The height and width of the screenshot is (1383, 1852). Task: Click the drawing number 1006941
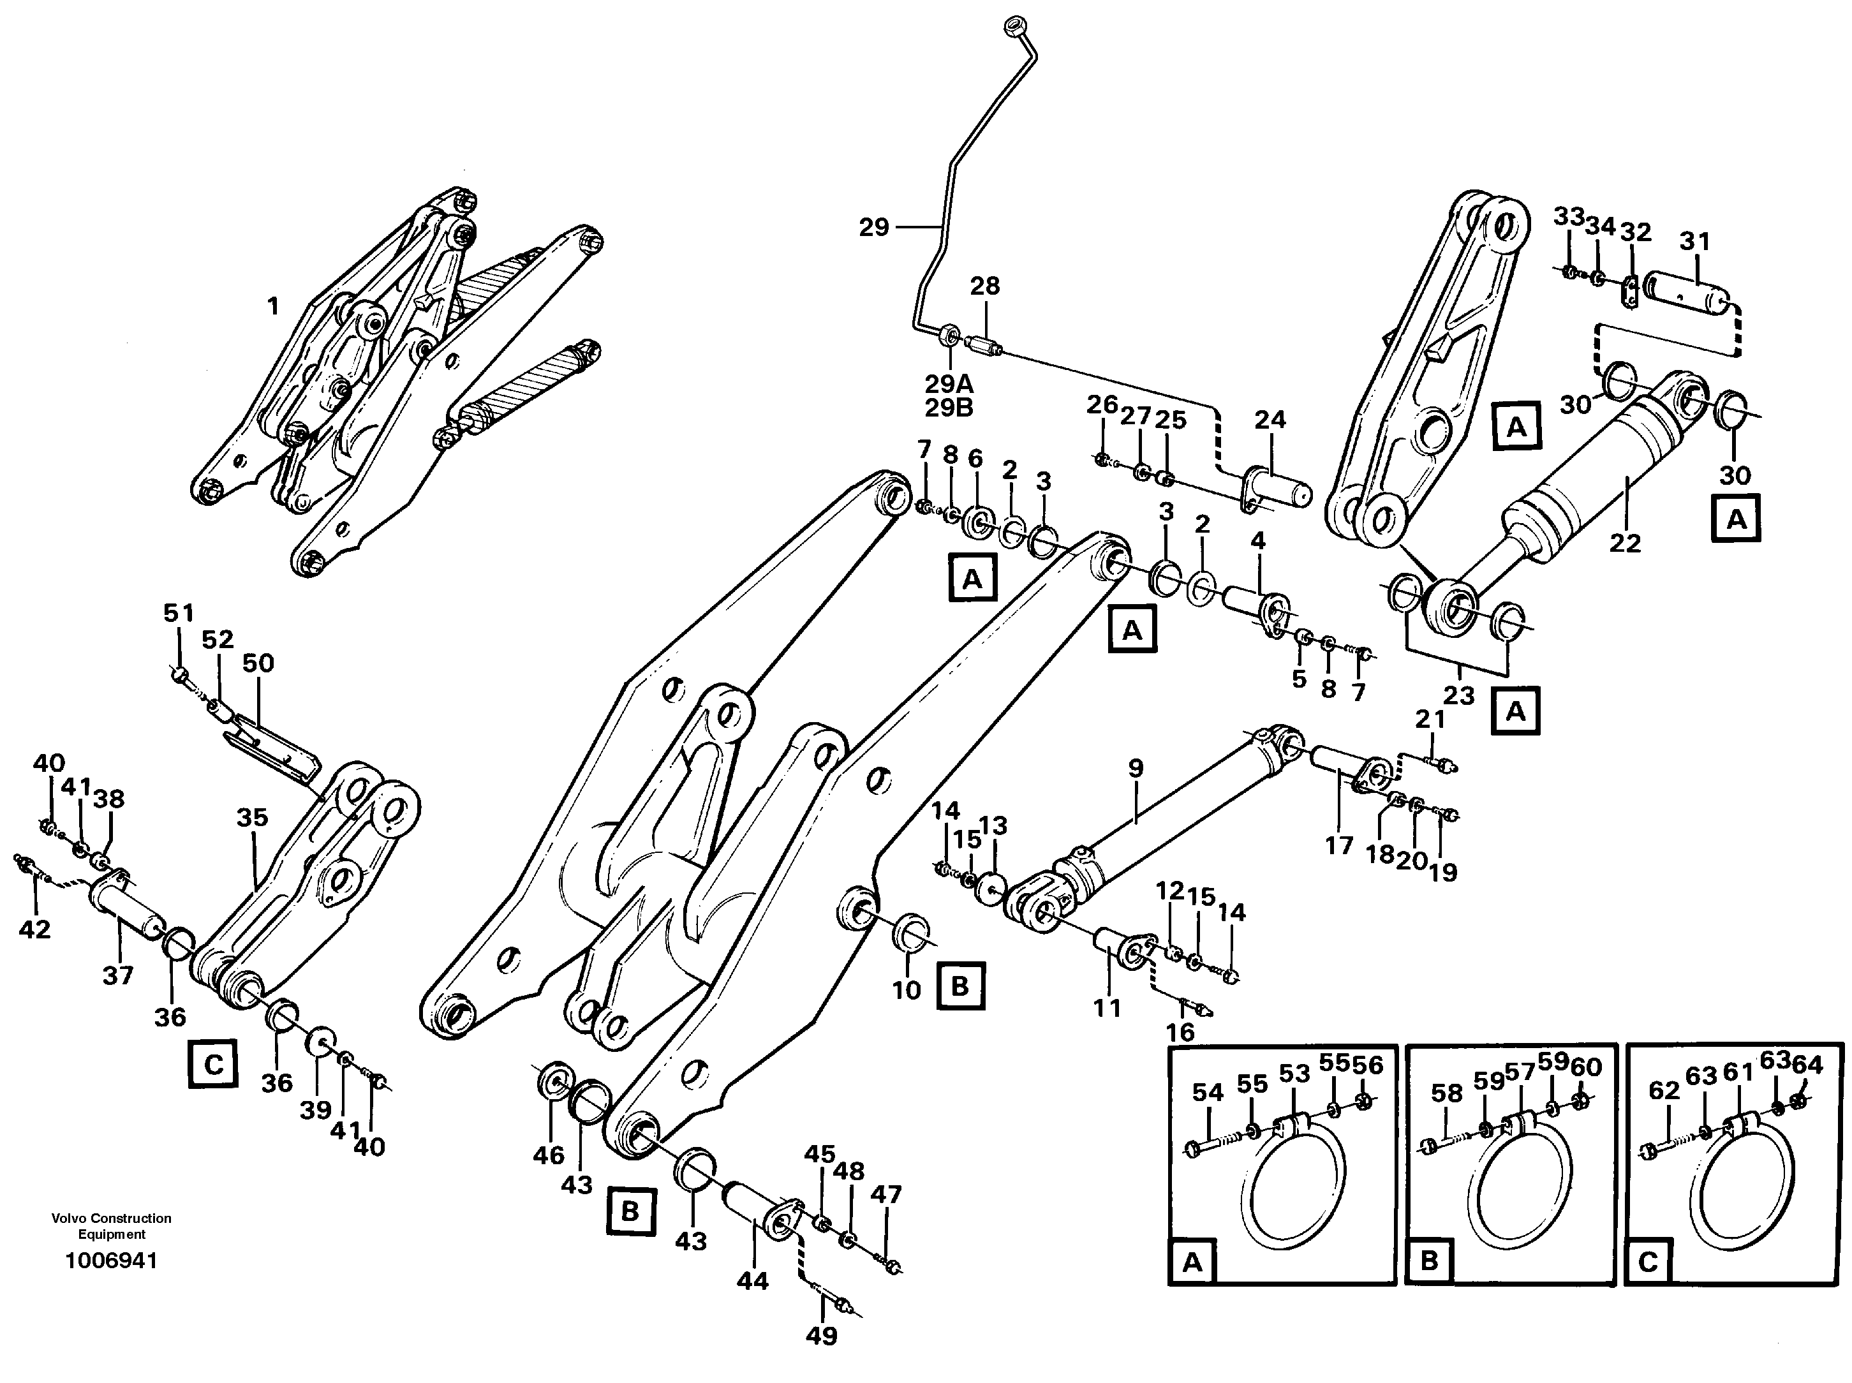[112, 1261]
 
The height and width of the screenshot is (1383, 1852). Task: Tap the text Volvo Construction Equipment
[112, 1225]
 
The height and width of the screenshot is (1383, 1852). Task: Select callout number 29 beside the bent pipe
[874, 227]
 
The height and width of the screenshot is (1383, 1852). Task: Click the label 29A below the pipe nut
[949, 384]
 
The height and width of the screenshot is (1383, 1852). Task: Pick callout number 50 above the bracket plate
[258, 663]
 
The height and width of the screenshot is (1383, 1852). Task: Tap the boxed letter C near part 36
[214, 1065]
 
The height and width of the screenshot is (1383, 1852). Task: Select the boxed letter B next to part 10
[959, 986]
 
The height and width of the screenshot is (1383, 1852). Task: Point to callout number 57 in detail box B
[1520, 1072]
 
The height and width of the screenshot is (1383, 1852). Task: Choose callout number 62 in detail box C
[1664, 1090]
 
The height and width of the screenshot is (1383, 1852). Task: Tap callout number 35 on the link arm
[252, 817]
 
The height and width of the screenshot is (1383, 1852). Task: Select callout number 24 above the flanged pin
[1270, 418]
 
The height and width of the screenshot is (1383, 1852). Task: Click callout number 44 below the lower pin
[752, 1281]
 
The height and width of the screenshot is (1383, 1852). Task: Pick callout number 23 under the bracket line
[1458, 694]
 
